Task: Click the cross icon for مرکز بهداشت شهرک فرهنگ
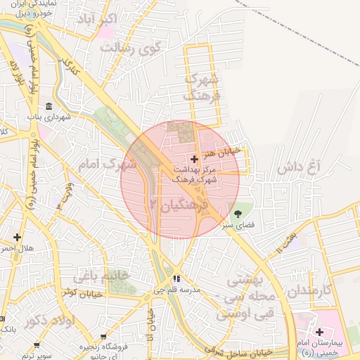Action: [195, 160]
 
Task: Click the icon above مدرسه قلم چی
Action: [178, 278]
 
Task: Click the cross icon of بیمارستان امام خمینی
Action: [319, 331]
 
